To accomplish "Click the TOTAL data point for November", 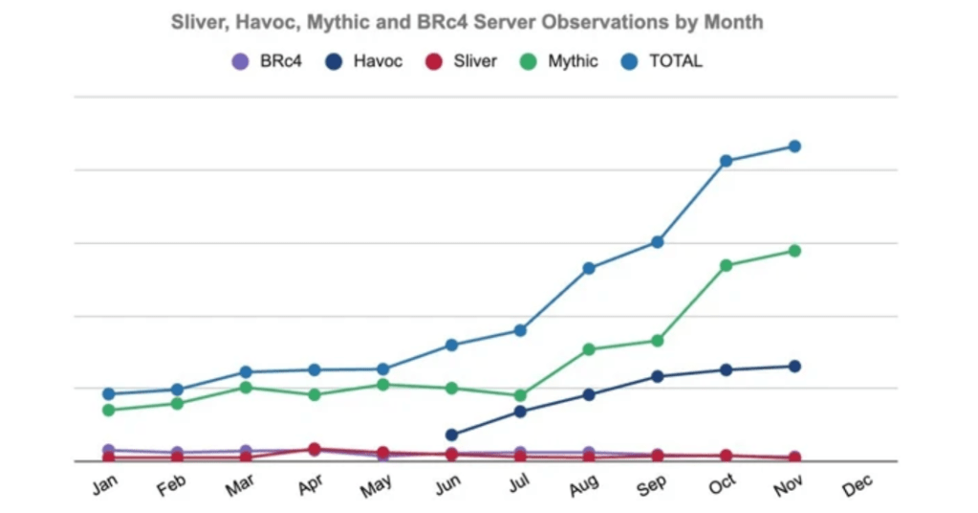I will tap(793, 146).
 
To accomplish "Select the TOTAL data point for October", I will tap(726, 161).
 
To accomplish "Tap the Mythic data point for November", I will tap(793, 251).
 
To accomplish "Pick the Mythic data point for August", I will tap(589, 349).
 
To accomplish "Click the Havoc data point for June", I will tap(451, 435).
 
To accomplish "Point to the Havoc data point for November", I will tap(793, 366).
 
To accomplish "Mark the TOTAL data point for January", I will tap(109, 393).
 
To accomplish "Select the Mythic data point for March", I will tap(246, 388).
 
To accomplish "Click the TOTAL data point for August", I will tap(589, 268).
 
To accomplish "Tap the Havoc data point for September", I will tap(658, 376).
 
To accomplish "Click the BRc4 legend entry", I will tap(269, 61).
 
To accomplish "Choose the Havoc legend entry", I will tap(366, 61).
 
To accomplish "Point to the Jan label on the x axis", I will tap(104, 485).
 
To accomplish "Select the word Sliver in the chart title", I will tap(198, 21).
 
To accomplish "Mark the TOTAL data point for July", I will tap(520, 330).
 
